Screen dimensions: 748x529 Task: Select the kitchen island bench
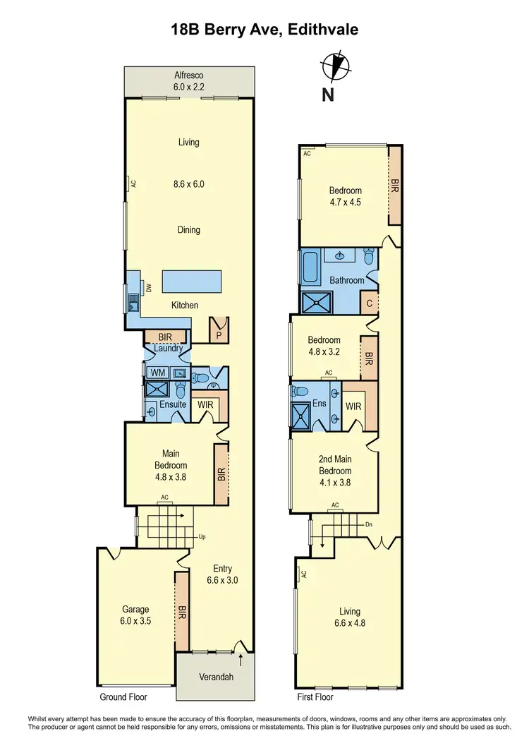pos(191,281)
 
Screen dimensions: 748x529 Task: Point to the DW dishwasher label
pos(149,287)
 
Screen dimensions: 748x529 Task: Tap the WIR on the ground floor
pos(206,405)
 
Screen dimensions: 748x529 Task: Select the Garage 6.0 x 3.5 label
pos(135,615)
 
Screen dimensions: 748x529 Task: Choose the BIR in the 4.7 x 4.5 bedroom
pos(395,185)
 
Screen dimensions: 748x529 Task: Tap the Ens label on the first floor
pos(320,404)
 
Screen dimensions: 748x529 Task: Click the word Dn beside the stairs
pos(369,525)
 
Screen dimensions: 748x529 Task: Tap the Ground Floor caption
pos(123,696)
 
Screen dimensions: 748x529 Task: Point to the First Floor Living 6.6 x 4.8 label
pos(349,617)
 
